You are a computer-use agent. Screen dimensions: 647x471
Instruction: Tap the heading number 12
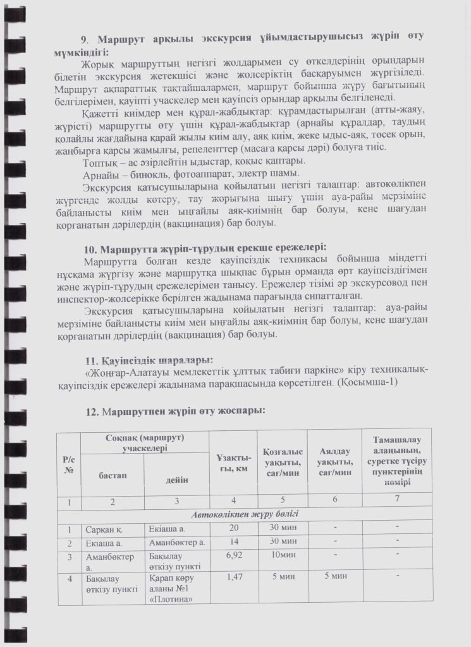[91, 411]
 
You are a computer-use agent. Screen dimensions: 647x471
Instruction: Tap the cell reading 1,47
[233, 576]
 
